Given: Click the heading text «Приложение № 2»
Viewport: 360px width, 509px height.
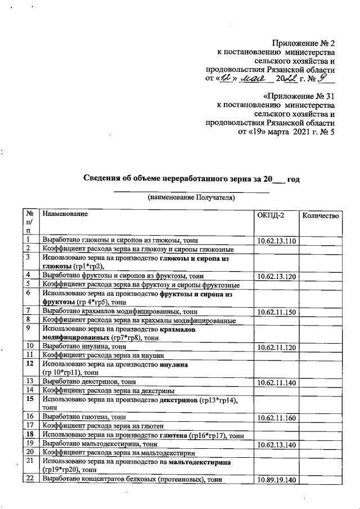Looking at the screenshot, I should [x=304, y=43].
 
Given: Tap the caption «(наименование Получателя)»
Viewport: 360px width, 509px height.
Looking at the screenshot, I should [x=191, y=197].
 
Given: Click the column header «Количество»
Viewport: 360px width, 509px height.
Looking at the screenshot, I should [x=321, y=216].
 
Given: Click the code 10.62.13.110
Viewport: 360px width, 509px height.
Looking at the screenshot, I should [x=276, y=241].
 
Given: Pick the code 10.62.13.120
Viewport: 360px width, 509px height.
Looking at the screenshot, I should [x=276, y=277].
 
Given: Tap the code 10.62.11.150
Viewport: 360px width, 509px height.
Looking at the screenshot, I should [x=276, y=312].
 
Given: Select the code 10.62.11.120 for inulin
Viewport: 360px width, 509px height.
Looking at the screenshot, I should [x=276, y=348].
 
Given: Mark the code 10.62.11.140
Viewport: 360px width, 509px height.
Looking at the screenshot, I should [x=276, y=382].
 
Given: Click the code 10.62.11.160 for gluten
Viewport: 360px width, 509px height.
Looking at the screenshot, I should [x=276, y=418].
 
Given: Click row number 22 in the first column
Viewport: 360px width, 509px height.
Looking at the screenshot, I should [x=29, y=479].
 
